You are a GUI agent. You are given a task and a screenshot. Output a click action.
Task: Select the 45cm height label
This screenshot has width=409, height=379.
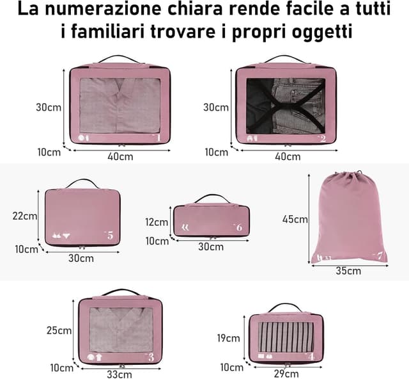295,219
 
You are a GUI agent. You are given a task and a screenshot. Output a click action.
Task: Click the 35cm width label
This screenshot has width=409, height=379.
348,271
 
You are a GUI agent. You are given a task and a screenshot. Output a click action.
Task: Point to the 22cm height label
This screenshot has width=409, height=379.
25,216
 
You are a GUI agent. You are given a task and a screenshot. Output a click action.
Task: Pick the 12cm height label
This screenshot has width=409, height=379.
157,223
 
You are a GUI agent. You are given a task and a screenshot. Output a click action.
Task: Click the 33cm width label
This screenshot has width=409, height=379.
120,375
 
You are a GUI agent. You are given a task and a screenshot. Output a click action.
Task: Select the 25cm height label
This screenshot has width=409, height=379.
59,330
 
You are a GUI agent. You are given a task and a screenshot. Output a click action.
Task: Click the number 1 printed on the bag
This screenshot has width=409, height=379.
158,137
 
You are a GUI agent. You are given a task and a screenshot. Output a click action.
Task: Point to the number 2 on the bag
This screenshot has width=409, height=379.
323,138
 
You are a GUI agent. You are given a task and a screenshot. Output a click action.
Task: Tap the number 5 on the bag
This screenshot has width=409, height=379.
110,236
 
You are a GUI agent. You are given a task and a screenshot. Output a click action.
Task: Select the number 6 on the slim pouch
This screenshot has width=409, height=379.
238,227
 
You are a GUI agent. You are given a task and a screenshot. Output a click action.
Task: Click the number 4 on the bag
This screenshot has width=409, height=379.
311,356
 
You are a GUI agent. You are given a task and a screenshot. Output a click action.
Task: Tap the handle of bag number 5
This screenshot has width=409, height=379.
82,183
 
